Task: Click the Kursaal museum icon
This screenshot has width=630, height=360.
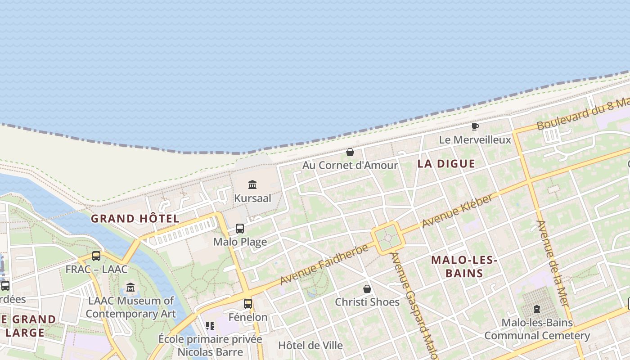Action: coord(252,184)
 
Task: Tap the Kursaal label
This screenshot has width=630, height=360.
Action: coord(252,198)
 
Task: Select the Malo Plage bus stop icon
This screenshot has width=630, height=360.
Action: coord(240,229)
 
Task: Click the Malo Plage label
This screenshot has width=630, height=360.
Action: coord(240,242)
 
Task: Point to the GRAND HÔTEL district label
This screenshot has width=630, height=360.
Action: coord(135,219)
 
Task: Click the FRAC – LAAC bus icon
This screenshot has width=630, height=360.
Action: coord(96,256)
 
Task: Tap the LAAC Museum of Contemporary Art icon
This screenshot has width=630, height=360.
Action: coord(130,287)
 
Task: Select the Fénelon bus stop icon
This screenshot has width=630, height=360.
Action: coord(248,304)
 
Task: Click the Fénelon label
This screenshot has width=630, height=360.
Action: coord(248,317)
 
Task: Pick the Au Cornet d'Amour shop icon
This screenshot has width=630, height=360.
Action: coord(350,153)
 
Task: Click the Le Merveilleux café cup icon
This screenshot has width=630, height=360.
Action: coord(475,126)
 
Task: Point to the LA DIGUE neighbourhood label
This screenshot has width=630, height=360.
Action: coord(446,164)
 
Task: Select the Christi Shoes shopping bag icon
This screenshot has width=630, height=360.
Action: coord(367,289)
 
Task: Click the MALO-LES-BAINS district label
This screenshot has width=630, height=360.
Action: coord(464,266)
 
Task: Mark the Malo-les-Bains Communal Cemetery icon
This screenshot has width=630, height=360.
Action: coord(537,309)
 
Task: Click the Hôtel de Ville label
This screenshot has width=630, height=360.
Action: coord(310,346)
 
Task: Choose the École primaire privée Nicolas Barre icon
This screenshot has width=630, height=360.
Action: coord(210,325)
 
